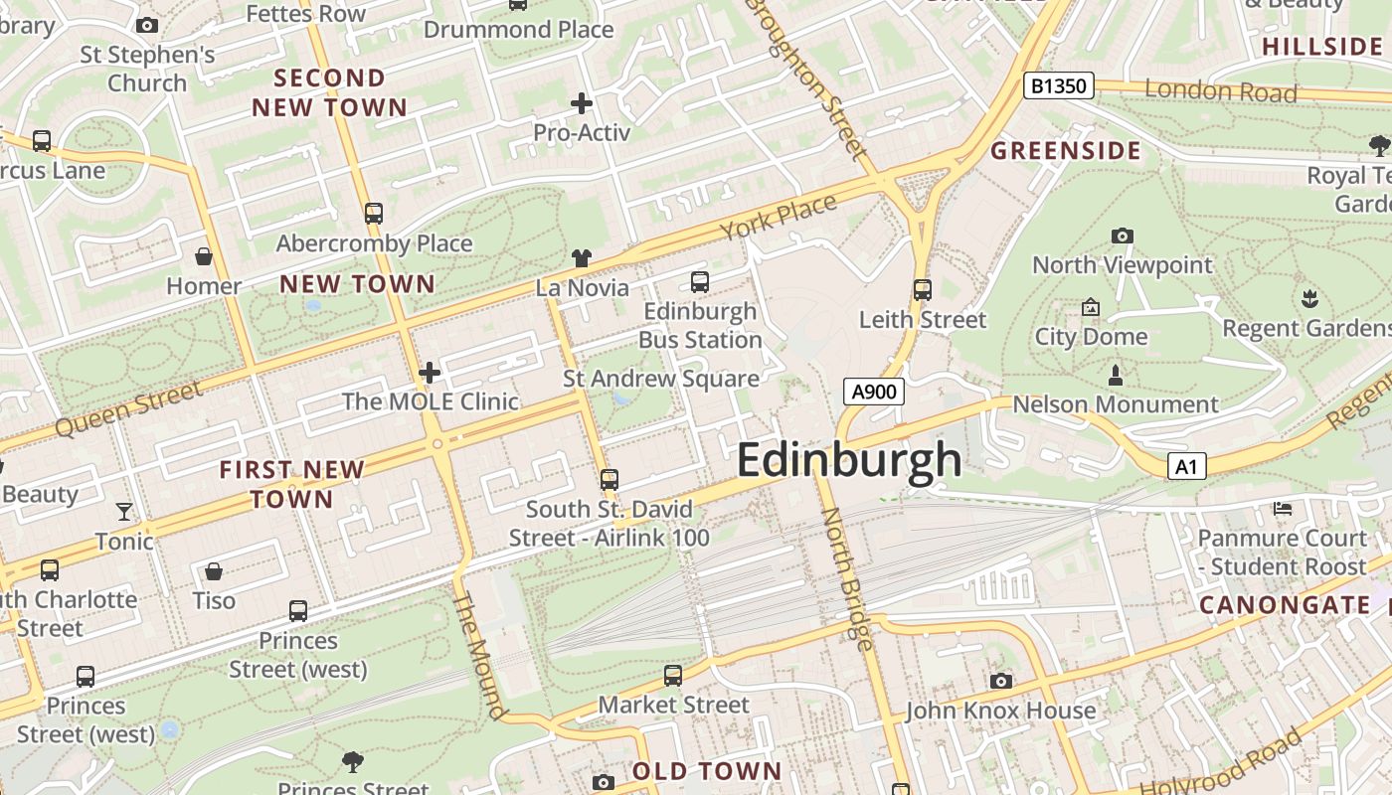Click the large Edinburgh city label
pyautogui.click(x=849, y=461)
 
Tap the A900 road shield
pyautogui.click(x=874, y=392)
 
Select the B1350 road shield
pyautogui.click(x=1059, y=86)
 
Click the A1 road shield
pyautogui.click(x=1186, y=466)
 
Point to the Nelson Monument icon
pyautogui.click(x=1116, y=376)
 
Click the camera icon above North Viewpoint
pyautogui.click(x=1122, y=236)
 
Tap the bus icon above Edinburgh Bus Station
pyautogui.click(x=700, y=282)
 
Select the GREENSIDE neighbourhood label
pyautogui.click(x=1066, y=151)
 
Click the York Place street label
pyautogui.click(x=779, y=218)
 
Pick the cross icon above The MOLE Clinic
pyautogui.click(x=430, y=373)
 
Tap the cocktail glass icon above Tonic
pyautogui.click(x=124, y=512)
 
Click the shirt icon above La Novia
pyautogui.click(x=582, y=258)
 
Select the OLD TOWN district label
pyautogui.click(x=707, y=771)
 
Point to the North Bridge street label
pyautogui.click(x=847, y=578)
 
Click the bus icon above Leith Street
pyautogui.click(x=923, y=290)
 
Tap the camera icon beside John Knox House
pyautogui.click(x=1000, y=681)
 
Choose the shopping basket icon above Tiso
pyautogui.click(x=214, y=571)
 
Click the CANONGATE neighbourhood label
pyautogui.click(x=1285, y=605)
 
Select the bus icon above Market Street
pyautogui.click(x=673, y=676)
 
